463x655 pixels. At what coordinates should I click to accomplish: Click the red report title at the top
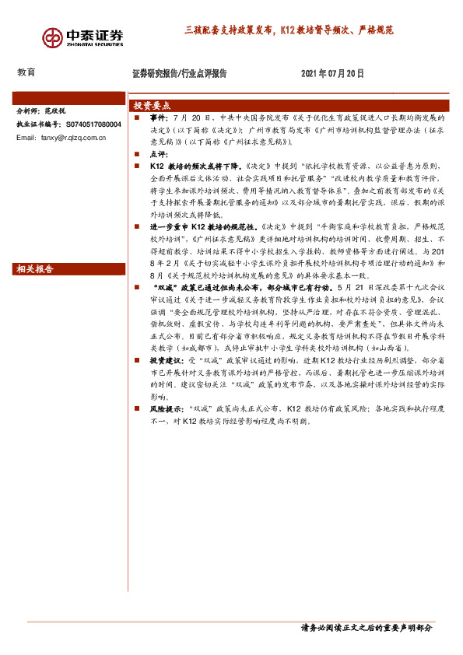tap(289, 31)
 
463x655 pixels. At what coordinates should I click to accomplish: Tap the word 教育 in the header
tap(26, 72)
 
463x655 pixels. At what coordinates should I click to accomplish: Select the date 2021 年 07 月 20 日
tap(332, 73)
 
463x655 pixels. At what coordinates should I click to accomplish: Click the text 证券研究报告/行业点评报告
tap(180, 73)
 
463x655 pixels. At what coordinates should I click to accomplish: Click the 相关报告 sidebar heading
tap(35, 269)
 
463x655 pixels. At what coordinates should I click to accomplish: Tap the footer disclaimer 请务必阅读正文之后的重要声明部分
tap(366, 627)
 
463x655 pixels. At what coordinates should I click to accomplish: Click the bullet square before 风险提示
tap(136, 408)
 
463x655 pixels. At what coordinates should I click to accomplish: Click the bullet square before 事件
tap(136, 117)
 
